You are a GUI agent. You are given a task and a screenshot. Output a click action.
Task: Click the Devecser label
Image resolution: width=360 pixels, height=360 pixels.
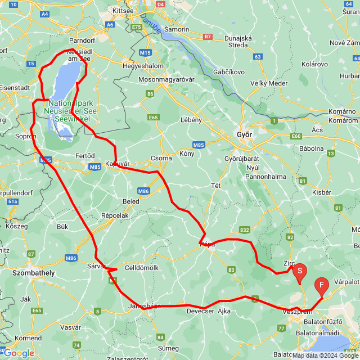point(199,311)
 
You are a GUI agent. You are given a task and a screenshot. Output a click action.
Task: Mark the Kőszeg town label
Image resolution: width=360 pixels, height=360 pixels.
point(16,226)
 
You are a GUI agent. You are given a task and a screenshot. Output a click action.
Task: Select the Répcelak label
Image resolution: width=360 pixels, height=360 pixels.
point(115,215)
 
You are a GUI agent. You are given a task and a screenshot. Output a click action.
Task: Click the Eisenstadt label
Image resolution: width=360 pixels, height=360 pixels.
point(15,87)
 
